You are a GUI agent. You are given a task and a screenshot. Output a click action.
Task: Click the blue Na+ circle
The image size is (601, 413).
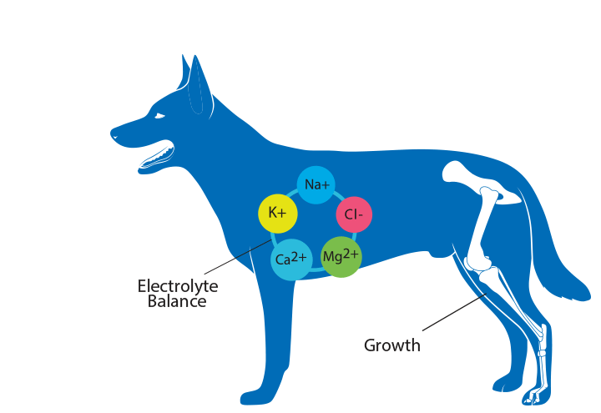click(x=316, y=185)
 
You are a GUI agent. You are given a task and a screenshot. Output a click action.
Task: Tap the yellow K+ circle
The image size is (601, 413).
click(x=277, y=214)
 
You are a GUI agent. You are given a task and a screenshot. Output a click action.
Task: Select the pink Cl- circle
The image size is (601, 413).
click(x=354, y=214)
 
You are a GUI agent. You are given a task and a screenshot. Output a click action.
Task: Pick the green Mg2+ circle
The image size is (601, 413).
click(x=341, y=257)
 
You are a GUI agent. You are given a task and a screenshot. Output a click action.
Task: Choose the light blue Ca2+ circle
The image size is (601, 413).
click(x=291, y=259)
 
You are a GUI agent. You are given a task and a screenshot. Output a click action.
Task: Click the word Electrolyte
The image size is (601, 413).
click(x=178, y=286)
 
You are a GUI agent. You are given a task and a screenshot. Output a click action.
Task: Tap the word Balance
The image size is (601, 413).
click(x=177, y=301)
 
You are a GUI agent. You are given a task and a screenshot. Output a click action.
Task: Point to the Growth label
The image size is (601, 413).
click(x=392, y=345)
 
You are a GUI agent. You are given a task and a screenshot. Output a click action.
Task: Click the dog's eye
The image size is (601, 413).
click(x=159, y=116)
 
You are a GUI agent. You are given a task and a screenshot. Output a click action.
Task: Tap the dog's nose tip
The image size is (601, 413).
click(x=112, y=133)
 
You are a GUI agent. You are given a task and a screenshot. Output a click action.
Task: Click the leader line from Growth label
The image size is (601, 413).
click(x=455, y=312)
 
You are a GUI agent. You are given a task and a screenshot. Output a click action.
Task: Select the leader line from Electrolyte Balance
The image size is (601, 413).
click(x=238, y=257)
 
